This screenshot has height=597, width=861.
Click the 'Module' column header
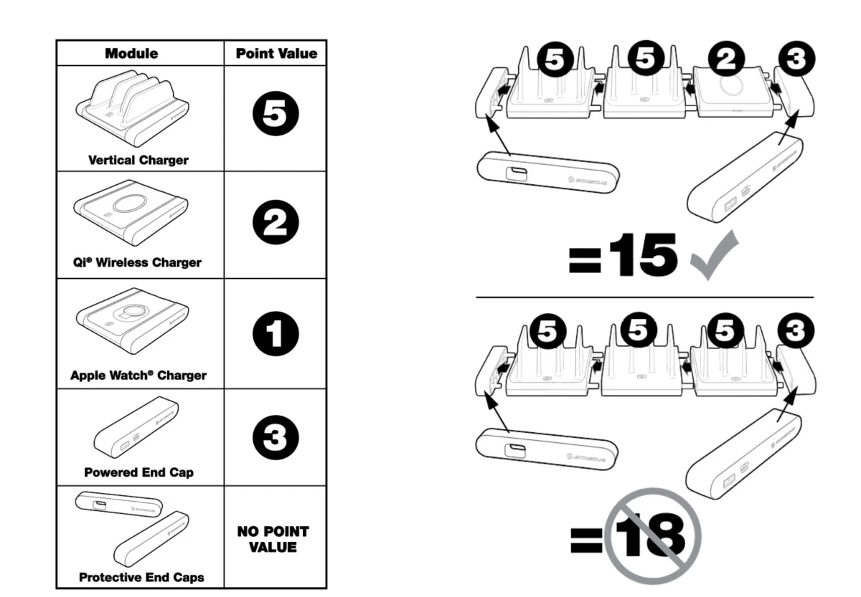pyautogui.click(x=131, y=54)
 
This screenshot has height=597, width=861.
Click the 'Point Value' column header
pyautogui.click(x=276, y=54)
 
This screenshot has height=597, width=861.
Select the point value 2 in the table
pyautogui.click(x=276, y=224)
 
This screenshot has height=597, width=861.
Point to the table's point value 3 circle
pyautogui.click(x=276, y=437)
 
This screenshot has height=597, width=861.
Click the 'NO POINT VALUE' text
pyautogui.click(x=273, y=539)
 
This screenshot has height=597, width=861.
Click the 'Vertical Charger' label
pyautogui.click(x=138, y=160)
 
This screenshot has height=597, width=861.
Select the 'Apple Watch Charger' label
pyautogui.click(x=138, y=375)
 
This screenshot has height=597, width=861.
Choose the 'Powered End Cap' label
pyautogui.click(x=138, y=472)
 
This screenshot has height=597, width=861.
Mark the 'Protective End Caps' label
pyautogui.click(x=141, y=577)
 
